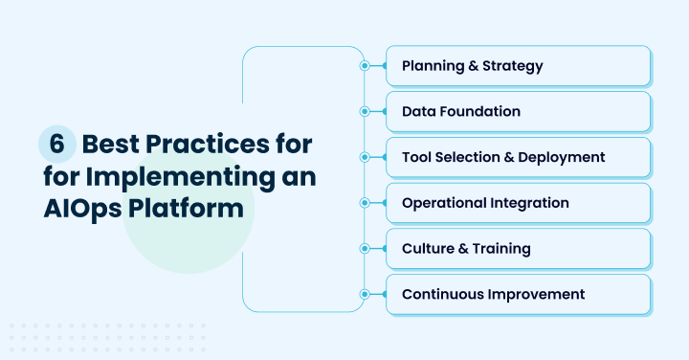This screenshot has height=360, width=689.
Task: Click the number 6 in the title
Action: (x=56, y=146)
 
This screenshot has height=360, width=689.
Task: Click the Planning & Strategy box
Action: (x=518, y=66)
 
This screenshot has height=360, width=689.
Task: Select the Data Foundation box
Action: (x=518, y=112)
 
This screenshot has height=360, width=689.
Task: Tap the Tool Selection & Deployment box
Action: (x=518, y=157)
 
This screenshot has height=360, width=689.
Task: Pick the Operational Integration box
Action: (x=518, y=203)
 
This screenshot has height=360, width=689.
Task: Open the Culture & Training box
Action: (x=518, y=249)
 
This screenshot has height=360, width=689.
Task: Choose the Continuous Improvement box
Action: (x=518, y=294)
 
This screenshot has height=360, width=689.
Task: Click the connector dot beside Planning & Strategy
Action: (x=365, y=66)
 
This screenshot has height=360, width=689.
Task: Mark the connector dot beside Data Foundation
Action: (x=365, y=112)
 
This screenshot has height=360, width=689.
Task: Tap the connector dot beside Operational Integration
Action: (x=365, y=203)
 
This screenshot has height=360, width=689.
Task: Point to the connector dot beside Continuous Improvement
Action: (x=365, y=294)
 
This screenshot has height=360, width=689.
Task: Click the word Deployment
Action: (x=562, y=157)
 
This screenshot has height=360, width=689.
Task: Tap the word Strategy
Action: (x=513, y=66)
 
